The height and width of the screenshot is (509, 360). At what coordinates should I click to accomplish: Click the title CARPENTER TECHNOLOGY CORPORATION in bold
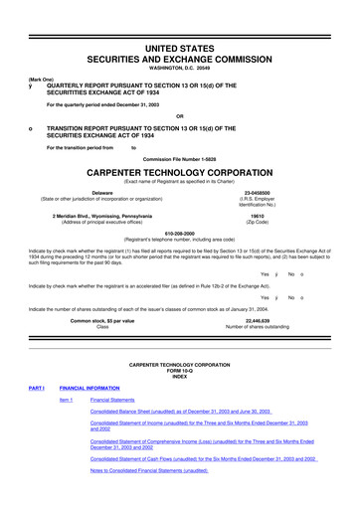[x=180, y=170]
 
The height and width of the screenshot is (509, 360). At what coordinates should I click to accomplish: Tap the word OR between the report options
[x=179, y=114]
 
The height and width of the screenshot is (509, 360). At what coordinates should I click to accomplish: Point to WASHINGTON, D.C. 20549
[x=180, y=68]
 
